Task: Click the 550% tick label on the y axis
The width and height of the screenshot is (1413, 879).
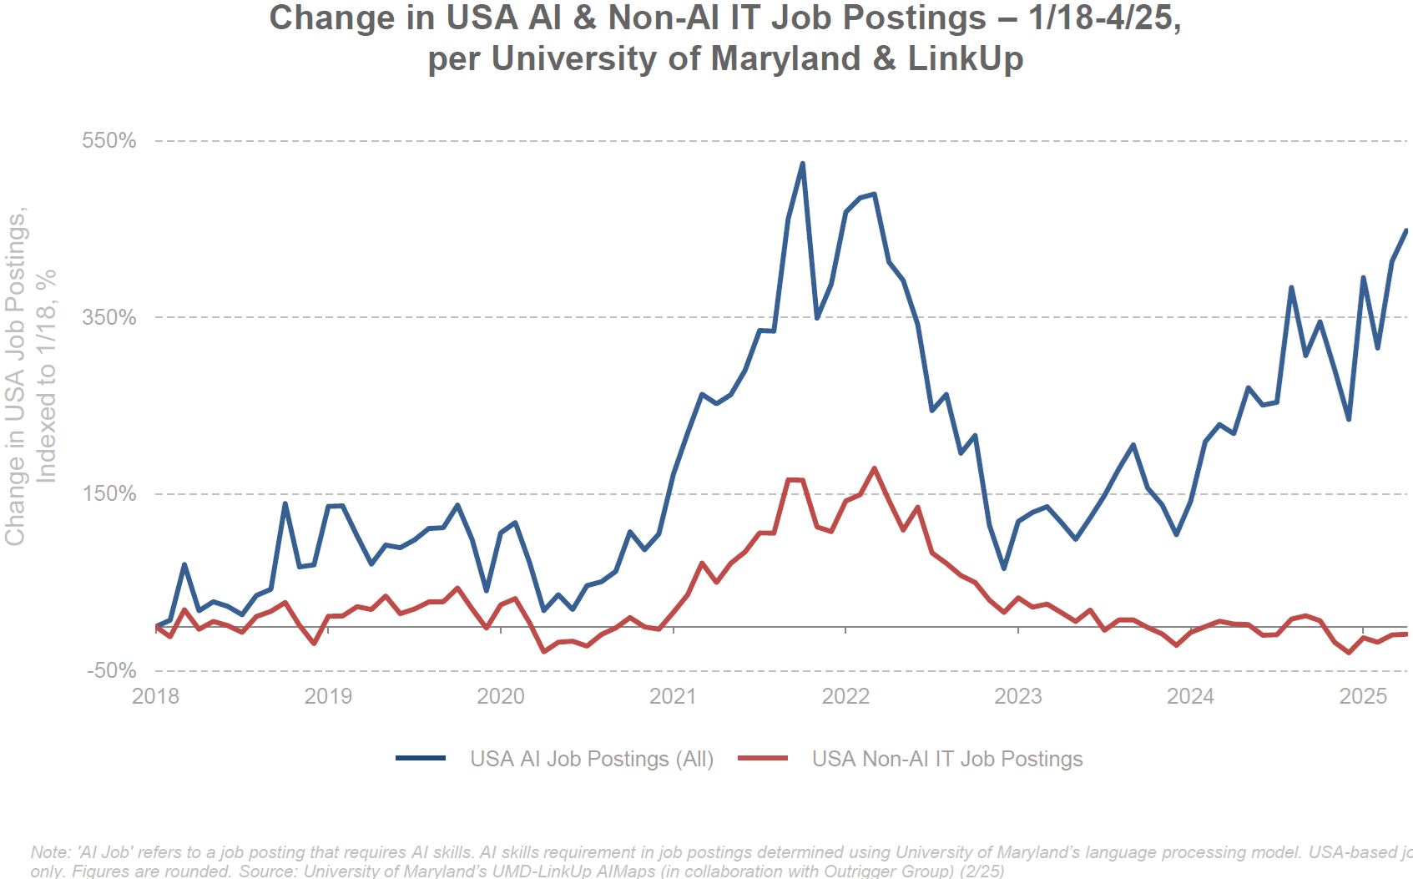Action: (108, 140)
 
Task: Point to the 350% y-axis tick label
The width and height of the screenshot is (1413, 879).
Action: (108, 317)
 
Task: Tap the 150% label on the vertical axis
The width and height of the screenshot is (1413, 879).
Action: (108, 493)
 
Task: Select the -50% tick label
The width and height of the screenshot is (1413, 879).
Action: (111, 670)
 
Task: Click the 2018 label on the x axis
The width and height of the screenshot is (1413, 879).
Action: (155, 696)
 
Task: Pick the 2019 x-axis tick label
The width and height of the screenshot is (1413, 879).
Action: (328, 696)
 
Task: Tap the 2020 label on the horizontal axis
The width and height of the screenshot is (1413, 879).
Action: (501, 696)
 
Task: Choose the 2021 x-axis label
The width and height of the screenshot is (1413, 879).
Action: (673, 696)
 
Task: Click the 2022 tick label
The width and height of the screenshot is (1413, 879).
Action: (845, 696)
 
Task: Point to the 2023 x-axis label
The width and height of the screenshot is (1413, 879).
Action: (1018, 696)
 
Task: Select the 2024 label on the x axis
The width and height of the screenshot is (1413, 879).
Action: (1190, 696)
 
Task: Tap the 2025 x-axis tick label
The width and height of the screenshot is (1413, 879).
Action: (1363, 696)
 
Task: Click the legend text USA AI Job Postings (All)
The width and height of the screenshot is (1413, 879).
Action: (592, 759)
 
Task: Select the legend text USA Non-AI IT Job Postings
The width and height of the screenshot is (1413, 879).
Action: (947, 759)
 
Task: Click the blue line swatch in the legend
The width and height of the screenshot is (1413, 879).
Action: (421, 759)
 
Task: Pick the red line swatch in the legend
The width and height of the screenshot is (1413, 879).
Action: (763, 759)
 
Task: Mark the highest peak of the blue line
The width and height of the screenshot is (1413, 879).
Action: (802, 164)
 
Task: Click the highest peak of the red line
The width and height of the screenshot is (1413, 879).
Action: (874, 468)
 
